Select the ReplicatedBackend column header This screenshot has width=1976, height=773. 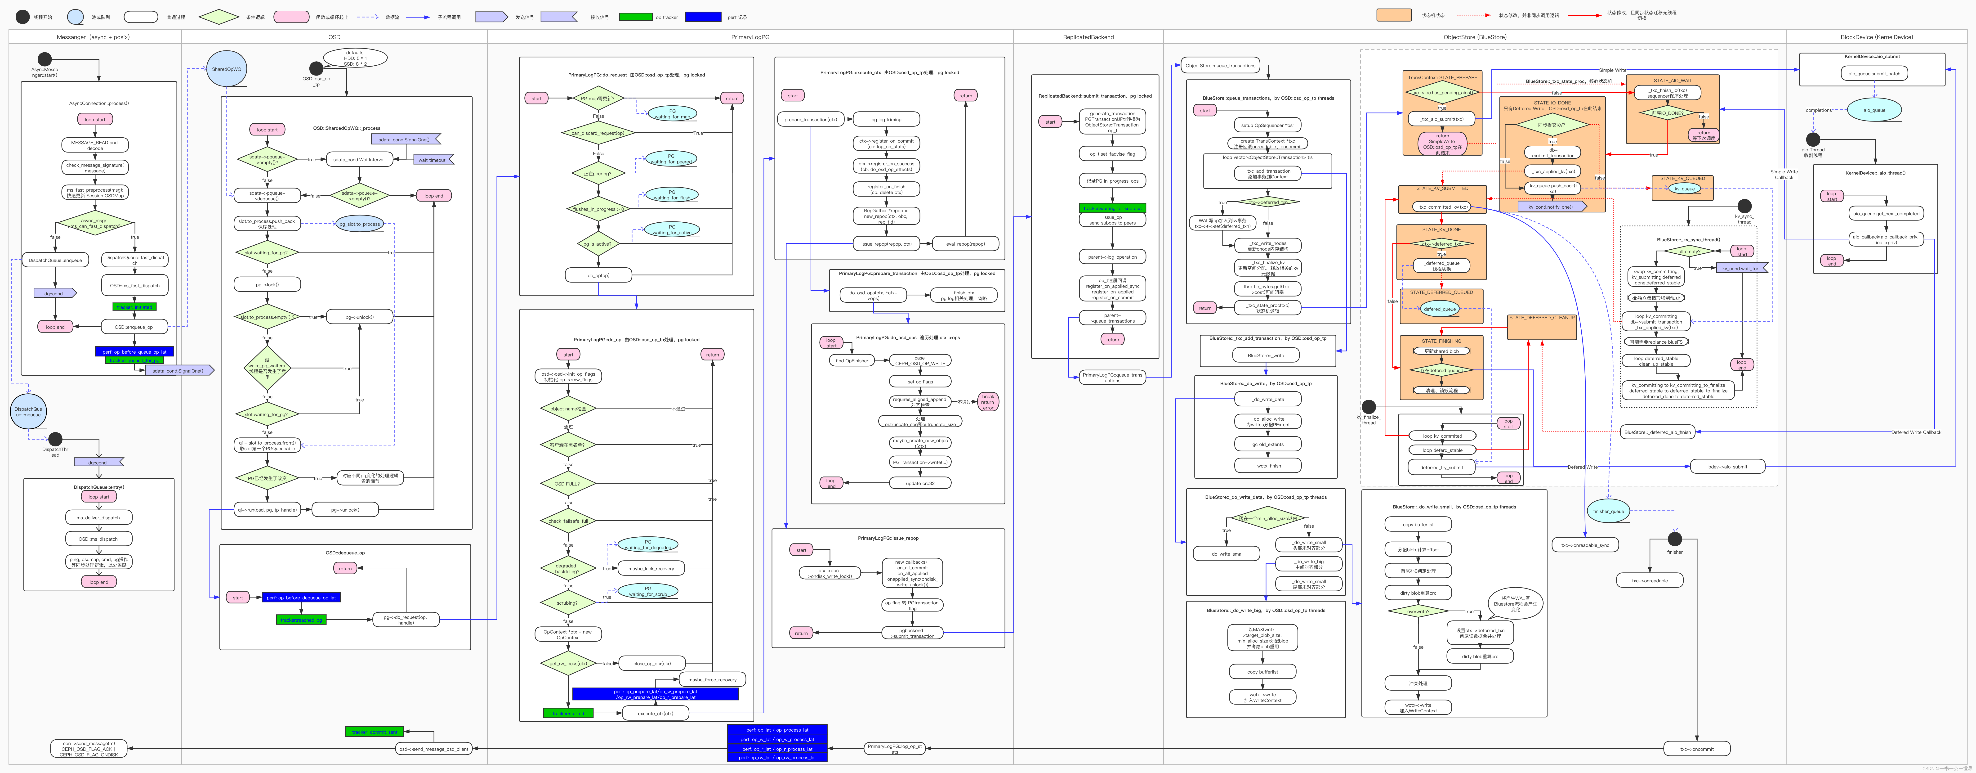(1088, 37)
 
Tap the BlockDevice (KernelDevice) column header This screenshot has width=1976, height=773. (1876, 37)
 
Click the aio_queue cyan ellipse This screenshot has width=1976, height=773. (1874, 110)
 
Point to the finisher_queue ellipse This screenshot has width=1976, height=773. (1608, 511)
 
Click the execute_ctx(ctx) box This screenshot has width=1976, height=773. (655, 713)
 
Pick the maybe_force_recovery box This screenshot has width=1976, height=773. (712, 679)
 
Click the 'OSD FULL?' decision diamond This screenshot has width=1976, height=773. (568, 484)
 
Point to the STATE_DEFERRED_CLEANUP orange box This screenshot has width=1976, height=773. (1542, 326)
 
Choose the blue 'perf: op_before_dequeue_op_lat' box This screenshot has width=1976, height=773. (301, 597)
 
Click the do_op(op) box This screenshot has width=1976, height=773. (598, 275)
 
